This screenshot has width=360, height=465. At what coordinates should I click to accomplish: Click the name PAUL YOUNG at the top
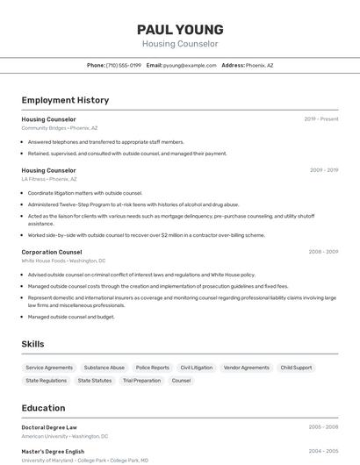180,29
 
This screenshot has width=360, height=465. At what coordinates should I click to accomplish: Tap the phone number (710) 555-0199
123,65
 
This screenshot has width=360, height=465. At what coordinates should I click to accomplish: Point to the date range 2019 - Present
321,118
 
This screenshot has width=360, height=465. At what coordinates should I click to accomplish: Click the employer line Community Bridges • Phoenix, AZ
60,127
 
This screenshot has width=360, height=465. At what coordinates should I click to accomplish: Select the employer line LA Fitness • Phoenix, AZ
49,179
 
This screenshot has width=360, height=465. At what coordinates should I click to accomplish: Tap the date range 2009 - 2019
323,170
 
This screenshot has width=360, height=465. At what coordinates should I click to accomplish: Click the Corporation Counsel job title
52,252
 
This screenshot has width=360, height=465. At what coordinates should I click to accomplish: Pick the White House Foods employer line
63,261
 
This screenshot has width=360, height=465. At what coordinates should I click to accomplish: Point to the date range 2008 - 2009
323,252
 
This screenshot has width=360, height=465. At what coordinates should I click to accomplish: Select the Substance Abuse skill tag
104,368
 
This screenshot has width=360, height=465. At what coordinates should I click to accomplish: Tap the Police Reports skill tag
153,368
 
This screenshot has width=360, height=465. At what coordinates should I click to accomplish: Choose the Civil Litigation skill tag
197,368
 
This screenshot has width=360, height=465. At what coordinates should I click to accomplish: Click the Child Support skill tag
296,368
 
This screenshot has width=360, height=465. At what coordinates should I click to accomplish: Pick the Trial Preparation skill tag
141,381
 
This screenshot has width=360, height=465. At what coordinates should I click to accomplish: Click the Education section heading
43,408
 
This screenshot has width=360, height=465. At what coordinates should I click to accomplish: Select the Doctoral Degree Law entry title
49,427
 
